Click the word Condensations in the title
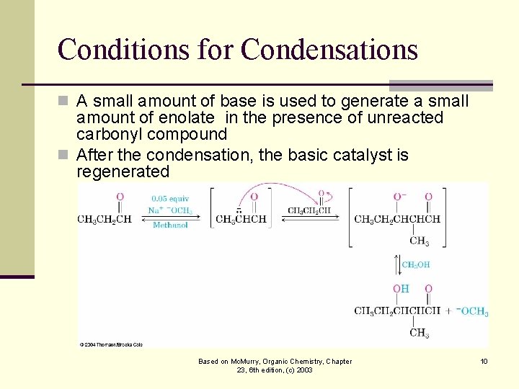coord(329,49)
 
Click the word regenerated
coord(123,171)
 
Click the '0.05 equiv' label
coord(170,199)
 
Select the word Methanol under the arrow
coord(170,225)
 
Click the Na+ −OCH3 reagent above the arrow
coord(170,210)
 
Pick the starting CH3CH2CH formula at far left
coord(105,219)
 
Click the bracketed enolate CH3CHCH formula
coord(241,219)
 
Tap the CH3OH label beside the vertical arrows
coord(416,265)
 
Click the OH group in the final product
coord(401,289)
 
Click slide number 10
coord(484,361)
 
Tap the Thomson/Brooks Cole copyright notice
coord(112,344)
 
